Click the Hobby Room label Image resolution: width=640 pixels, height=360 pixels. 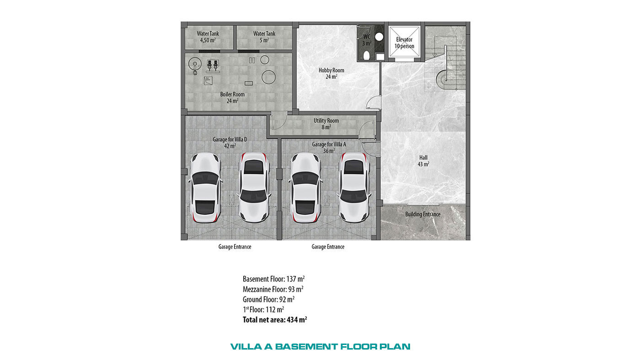tap(331, 74)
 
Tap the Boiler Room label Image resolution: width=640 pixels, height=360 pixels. tap(232, 97)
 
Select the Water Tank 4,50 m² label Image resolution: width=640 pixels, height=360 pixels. tap(208, 37)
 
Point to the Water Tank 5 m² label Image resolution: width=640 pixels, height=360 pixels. tap(264, 37)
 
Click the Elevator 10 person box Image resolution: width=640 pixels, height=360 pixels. tap(404, 42)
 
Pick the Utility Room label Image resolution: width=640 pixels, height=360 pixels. tap(326, 124)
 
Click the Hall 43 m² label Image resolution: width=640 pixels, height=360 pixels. tap(423, 161)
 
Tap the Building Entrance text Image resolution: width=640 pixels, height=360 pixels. tap(423, 214)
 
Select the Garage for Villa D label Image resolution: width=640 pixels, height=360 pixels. tap(230, 143)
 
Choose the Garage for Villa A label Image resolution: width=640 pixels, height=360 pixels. tap(329, 147)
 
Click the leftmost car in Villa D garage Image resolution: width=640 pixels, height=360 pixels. tap(205, 188)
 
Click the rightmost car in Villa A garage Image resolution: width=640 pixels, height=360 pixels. tap(354, 187)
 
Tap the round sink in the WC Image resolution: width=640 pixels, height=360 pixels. tap(379, 37)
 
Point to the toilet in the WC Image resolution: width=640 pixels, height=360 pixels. tap(367, 55)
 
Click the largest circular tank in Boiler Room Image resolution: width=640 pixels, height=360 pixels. tap(269, 77)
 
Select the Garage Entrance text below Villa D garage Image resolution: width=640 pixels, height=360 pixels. tap(235, 247)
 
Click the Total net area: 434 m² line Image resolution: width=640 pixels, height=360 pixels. tap(275, 319)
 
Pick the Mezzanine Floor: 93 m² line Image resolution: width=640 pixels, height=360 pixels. tap(273, 289)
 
